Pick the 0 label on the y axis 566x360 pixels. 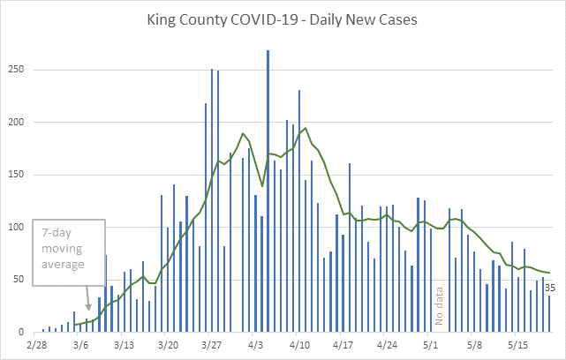pyautogui.click(x=26, y=332)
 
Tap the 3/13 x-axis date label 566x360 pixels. pyautogui.click(x=124, y=346)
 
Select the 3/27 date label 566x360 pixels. pyautogui.click(x=211, y=346)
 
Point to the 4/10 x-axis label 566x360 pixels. pyautogui.click(x=298, y=346)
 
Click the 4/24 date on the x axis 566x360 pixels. pyautogui.click(x=386, y=346)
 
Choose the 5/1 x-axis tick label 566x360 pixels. pyautogui.click(x=430, y=346)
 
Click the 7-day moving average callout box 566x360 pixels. pyautogui.click(x=69, y=252)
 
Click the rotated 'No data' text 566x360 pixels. pyautogui.click(x=437, y=306)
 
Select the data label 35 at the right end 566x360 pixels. pyautogui.click(x=549, y=288)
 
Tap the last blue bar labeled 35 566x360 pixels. pyautogui.click(x=549, y=314)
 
